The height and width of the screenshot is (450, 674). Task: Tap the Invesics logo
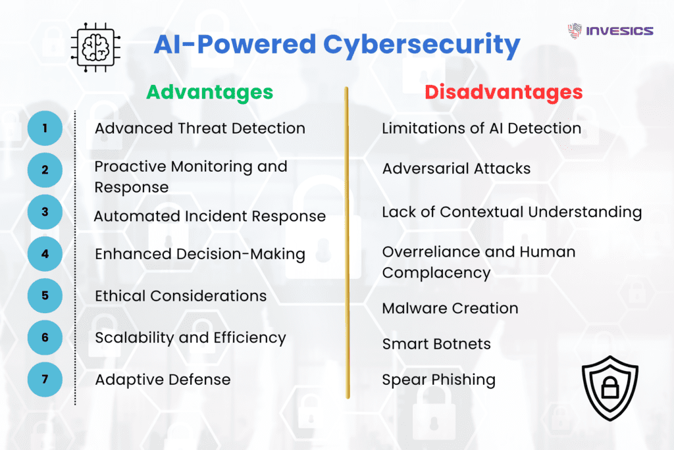[x=610, y=31]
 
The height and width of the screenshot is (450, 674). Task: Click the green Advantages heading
[x=209, y=92]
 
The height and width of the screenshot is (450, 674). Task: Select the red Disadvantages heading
[x=504, y=92]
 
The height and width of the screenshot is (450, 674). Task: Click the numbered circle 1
[x=45, y=128]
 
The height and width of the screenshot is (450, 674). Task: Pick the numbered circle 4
[x=45, y=253]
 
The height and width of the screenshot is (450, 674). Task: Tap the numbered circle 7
[x=45, y=379]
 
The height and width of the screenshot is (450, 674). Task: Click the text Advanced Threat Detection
[x=200, y=128]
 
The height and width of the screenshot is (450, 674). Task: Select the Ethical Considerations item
[x=181, y=296]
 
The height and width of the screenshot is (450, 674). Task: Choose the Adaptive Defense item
[x=163, y=380]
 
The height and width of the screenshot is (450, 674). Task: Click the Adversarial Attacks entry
[x=456, y=168]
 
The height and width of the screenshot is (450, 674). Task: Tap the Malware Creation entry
[x=450, y=308]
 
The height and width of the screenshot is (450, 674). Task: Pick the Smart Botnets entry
[x=436, y=343]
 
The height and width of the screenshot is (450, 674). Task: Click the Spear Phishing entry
[x=439, y=380]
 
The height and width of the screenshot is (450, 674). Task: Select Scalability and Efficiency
[x=190, y=338]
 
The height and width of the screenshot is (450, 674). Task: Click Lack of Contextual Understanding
[x=511, y=212]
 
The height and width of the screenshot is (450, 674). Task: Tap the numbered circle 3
[x=45, y=212]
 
